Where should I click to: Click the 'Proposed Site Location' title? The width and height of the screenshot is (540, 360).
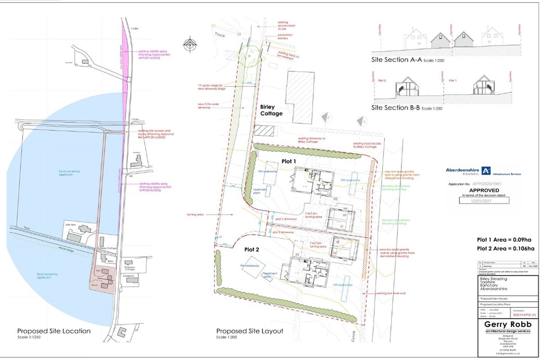click(54, 331)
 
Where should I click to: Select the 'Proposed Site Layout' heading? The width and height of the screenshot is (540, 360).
click(250, 331)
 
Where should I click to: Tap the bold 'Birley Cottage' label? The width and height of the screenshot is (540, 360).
click(271, 111)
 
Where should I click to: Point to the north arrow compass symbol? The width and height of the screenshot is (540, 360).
click(191, 45)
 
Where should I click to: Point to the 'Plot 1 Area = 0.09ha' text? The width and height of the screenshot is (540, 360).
click(505, 239)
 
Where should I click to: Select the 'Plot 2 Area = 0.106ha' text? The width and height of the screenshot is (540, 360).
click(505, 248)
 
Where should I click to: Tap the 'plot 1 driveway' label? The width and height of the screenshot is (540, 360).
click(284, 219)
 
